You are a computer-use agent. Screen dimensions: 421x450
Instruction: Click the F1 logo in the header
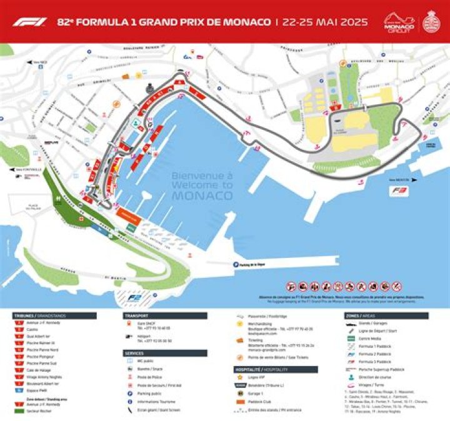point(29,21)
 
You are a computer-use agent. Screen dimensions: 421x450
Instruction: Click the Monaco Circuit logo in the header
point(399,22)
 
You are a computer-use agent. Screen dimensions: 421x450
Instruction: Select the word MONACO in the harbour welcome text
point(202,196)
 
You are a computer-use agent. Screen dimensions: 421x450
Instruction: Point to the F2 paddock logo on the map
point(134,298)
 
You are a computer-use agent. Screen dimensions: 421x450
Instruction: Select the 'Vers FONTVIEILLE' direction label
point(29,169)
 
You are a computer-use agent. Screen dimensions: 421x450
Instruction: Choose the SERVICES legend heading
point(136,353)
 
